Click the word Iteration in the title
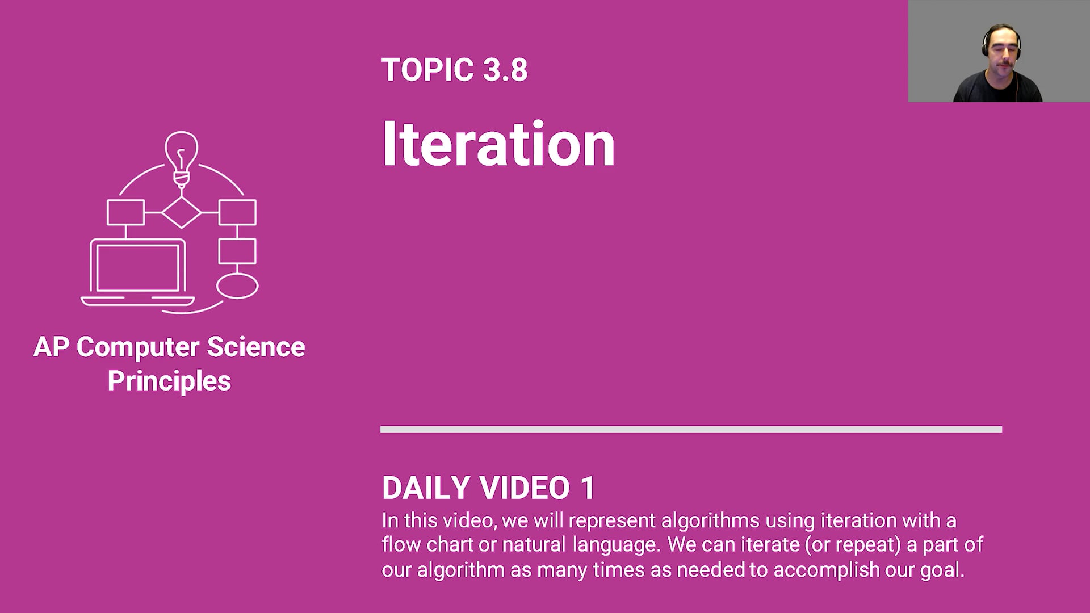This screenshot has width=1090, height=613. click(498, 144)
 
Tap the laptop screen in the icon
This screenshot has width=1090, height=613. click(138, 268)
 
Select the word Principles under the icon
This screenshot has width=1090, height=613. click(169, 380)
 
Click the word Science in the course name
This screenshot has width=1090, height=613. click(255, 347)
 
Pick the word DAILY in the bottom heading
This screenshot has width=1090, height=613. click(426, 488)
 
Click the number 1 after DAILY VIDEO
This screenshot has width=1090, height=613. click(588, 488)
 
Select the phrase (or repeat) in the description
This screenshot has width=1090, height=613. click(853, 545)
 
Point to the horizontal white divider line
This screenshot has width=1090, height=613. click(691, 429)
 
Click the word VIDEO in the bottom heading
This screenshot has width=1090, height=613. click(525, 488)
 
